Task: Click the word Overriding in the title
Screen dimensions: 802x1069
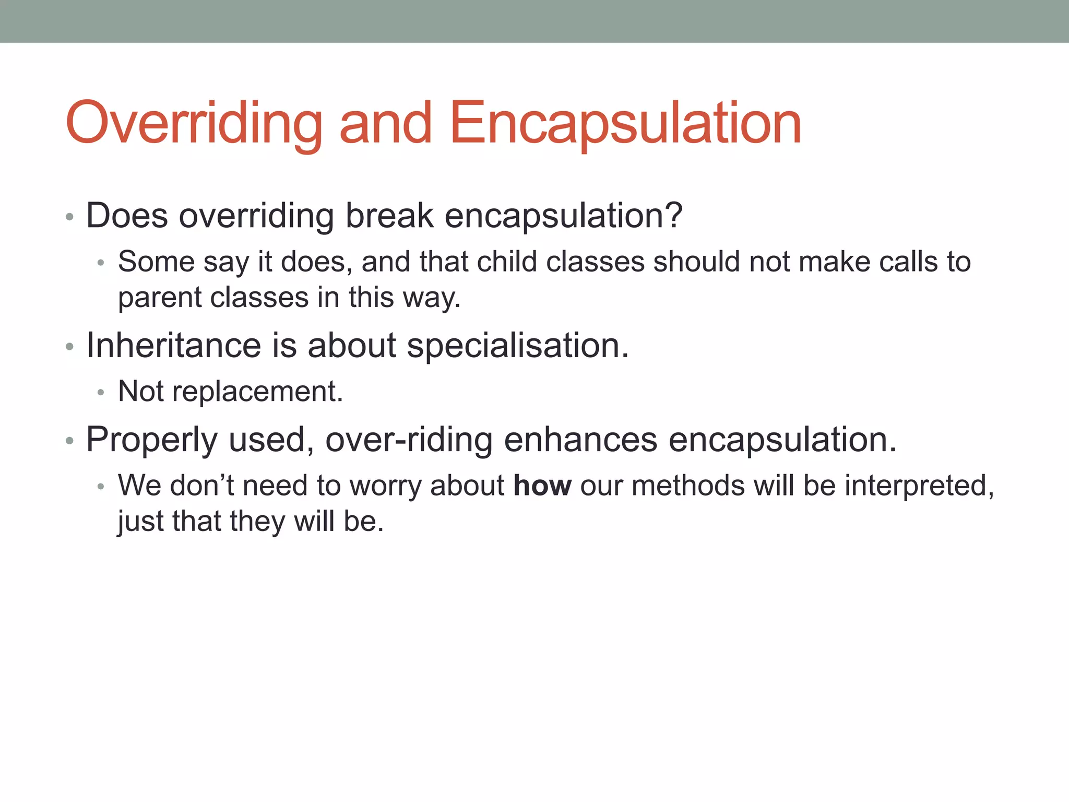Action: pyautogui.click(x=193, y=124)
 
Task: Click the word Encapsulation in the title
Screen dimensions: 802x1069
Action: pyautogui.click(x=625, y=124)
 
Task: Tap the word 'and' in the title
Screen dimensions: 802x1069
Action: pyautogui.click(x=385, y=124)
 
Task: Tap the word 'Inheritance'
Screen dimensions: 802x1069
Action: pyautogui.click(x=173, y=346)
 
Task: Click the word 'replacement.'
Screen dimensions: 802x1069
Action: pyautogui.click(x=257, y=392)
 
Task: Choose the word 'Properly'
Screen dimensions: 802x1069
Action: pyautogui.click(x=151, y=440)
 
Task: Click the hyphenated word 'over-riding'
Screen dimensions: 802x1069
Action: pyautogui.click(x=409, y=440)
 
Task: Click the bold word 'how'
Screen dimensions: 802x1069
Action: pyautogui.click(x=542, y=486)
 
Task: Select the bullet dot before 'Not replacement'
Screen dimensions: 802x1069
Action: pyautogui.click(x=101, y=393)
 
